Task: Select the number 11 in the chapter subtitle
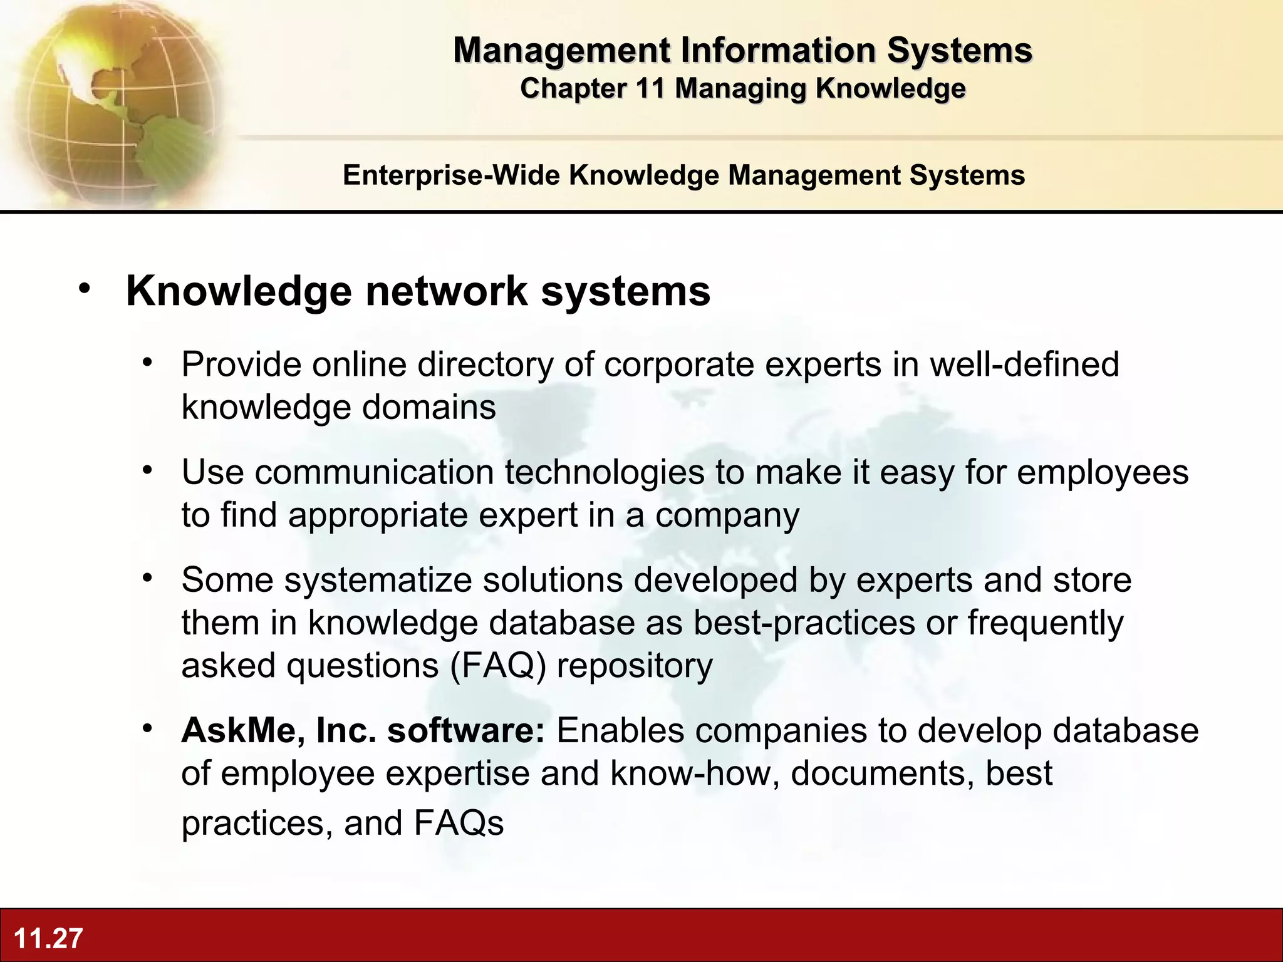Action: (650, 88)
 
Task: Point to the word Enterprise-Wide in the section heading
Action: (451, 175)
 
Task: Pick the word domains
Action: (429, 408)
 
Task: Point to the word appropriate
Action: (378, 515)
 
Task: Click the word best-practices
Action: (804, 623)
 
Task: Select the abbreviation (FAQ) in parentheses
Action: (498, 666)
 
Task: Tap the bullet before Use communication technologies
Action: (148, 470)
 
